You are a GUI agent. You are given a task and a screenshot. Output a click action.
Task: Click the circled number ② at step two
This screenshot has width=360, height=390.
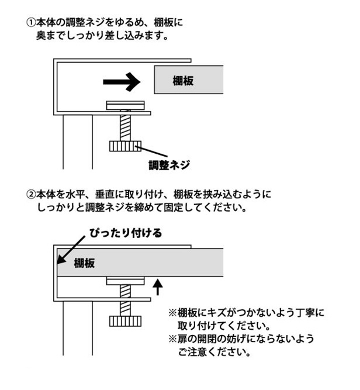[30, 194]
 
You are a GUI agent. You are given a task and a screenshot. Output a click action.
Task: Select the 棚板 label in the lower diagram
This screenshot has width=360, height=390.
[85, 263]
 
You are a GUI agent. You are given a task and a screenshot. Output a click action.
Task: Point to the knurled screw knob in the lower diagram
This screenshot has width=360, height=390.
[124, 320]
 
